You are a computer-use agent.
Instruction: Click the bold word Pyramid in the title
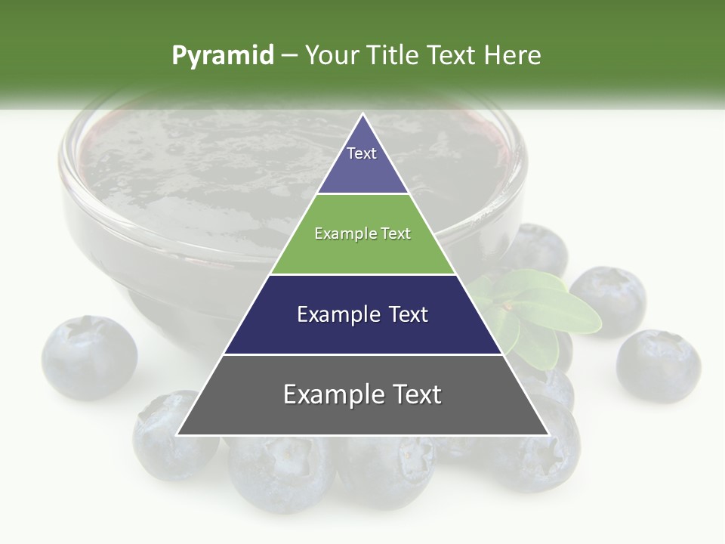pyautogui.click(x=223, y=56)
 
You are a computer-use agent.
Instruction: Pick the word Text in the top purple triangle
pyautogui.click(x=362, y=153)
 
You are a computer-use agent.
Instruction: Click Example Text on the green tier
pyautogui.click(x=362, y=233)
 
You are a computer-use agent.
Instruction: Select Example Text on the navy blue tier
pyautogui.click(x=362, y=314)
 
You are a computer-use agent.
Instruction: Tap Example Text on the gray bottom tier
pyautogui.click(x=362, y=394)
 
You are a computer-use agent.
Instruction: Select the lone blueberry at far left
pyautogui.click(x=89, y=357)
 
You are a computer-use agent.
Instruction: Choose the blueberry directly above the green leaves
pyautogui.click(x=538, y=249)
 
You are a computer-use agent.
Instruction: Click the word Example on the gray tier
pyautogui.click(x=328, y=394)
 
